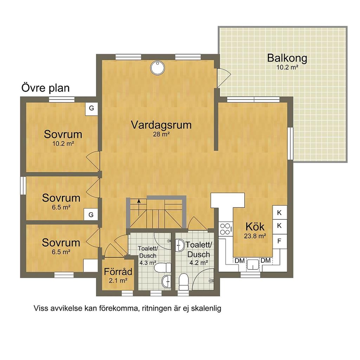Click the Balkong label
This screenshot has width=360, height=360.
click(x=287, y=58)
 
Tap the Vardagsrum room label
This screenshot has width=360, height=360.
click(x=161, y=125)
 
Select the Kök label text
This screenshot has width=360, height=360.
click(x=255, y=227)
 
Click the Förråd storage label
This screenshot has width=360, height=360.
click(x=118, y=272)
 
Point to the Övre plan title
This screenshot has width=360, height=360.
click(x=45, y=88)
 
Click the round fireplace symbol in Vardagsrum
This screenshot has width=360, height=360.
click(x=157, y=68)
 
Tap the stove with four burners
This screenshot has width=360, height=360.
click(x=226, y=229)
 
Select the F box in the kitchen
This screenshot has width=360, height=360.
click(x=279, y=241)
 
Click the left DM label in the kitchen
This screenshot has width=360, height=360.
click(x=239, y=261)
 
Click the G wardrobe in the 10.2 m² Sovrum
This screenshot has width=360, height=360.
click(x=91, y=108)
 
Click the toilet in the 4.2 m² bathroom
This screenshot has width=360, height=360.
click(x=184, y=282)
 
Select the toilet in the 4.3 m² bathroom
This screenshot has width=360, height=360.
click(x=162, y=268)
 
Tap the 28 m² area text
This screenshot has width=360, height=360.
click(x=161, y=134)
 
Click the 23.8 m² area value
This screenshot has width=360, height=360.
click(x=255, y=236)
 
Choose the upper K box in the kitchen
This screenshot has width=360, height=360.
click(x=279, y=213)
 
